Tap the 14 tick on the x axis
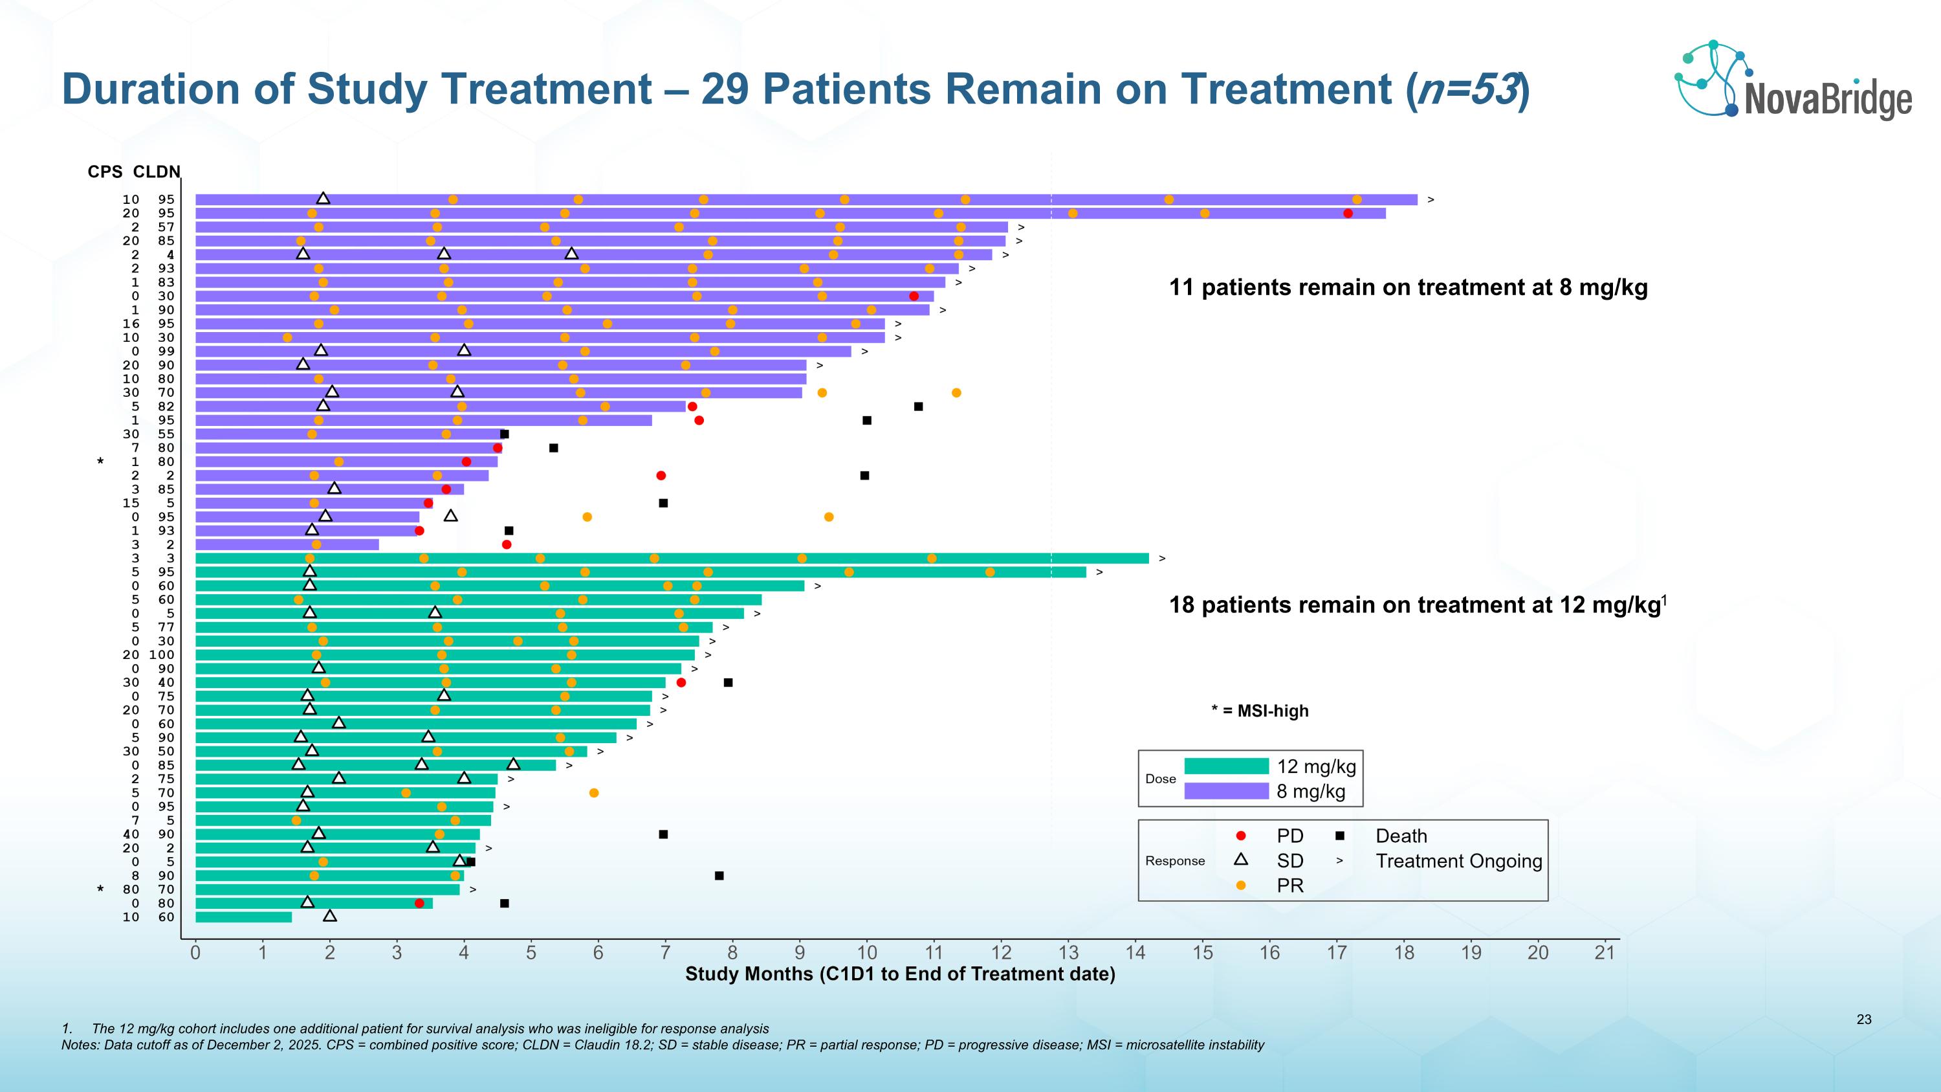point(1135,953)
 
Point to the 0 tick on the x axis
point(195,953)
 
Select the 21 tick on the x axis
point(1605,953)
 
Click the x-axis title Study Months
point(900,974)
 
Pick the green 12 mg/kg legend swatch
point(1226,766)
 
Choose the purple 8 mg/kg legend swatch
point(1226,790)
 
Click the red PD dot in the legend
point(1241,836)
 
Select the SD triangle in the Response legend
point(1241,859)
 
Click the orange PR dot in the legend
point(1241,886)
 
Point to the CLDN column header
point(157,172)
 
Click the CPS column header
point(105,172)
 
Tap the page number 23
point(1863,1020)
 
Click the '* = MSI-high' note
point(1260,711)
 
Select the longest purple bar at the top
point(806,200)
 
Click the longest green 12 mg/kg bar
point(672,559)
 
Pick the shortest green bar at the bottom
point(243,917)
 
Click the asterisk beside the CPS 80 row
point(100,889)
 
